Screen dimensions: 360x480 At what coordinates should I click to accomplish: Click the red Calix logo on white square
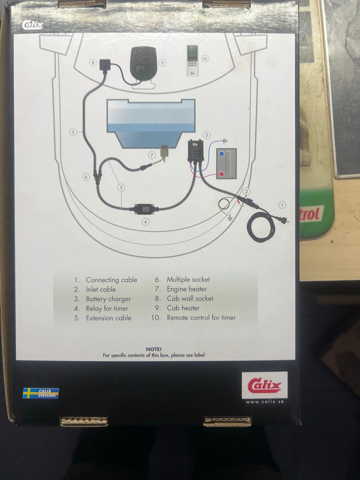pos(264,385)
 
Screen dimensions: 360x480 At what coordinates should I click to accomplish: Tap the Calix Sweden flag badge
pos(40,393)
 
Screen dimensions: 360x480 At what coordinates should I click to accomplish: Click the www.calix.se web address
pos(265,402)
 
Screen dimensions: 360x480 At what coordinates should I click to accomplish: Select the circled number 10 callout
pos(205,59)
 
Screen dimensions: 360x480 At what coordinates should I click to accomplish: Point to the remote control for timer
pos(192,61)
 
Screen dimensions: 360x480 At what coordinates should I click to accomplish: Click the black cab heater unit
pos(144,64)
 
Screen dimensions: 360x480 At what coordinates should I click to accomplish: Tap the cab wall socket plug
pos(105,65)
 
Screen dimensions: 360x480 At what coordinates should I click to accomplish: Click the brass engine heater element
pos(164,153)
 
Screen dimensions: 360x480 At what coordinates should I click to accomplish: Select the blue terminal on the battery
pos(222,154)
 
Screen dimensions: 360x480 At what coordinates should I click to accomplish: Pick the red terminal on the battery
pos(222,174)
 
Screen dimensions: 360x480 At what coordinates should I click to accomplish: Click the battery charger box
pos(196,151)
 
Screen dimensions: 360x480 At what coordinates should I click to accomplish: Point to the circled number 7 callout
pos(152,155)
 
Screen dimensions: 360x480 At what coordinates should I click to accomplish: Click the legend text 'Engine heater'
pos(187,289)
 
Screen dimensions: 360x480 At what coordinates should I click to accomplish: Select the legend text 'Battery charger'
pos(108,299)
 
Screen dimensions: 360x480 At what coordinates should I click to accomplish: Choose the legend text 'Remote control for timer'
pos(201,318)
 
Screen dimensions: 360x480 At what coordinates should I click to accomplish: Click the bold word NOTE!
pos(154,349)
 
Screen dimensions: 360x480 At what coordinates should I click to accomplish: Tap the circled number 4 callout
pos(145,222)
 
